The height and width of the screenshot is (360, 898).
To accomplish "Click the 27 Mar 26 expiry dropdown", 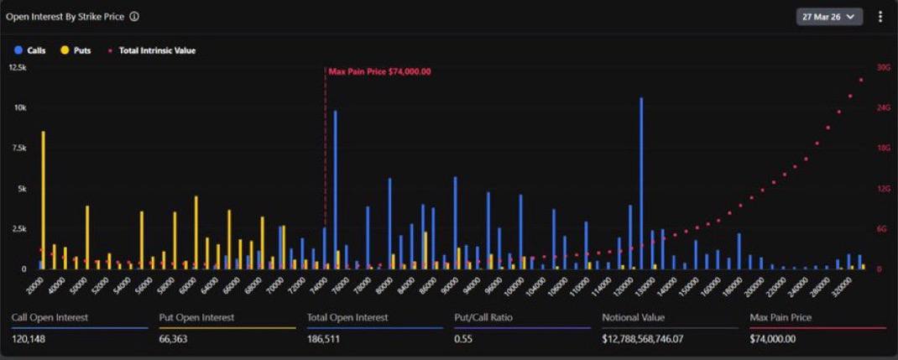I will click(x=829, y=16).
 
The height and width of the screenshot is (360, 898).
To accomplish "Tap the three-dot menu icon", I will click(x=880, y=16).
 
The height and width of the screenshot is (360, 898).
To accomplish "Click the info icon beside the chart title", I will click(x=134, y=16).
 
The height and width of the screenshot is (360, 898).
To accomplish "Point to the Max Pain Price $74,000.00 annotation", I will click(x=379, y=71).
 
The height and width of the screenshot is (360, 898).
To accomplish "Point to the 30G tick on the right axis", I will click(x=883, y=67).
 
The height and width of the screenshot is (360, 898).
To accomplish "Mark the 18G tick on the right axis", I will click(x=883, y=148).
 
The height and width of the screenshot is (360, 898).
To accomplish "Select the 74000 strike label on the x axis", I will click(x=317, y=285).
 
